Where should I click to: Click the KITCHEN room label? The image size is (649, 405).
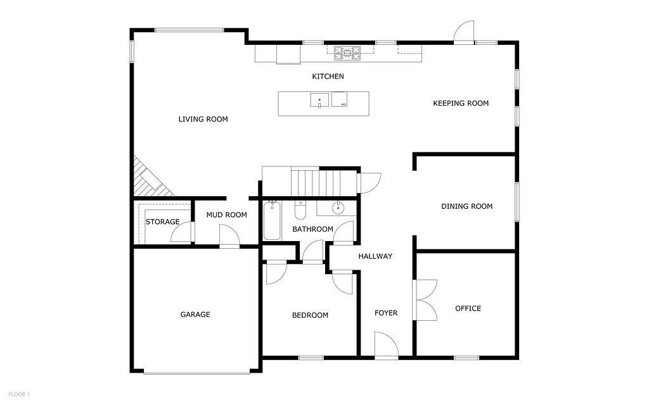tap(328, 77)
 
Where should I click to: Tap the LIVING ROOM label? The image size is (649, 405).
tap(203, 119)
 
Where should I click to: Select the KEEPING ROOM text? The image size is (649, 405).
tap(461, 103)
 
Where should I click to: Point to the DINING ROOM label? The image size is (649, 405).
tap(467, 206)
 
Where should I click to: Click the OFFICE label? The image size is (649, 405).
tap(468, 308)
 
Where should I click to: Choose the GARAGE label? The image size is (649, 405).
tap(195, 315)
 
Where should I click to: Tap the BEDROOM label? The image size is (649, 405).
tap(310, 315)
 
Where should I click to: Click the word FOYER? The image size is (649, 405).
tap(386, 313)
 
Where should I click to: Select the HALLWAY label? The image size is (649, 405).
tap(375, 256)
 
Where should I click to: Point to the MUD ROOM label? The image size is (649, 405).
tap(226, 215)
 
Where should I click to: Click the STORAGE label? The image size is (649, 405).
tap(162, 222)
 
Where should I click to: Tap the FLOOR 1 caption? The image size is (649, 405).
tap(19, 395)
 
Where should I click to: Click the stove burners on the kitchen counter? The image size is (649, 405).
tap(347, 53)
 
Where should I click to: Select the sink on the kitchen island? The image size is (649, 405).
tap(319, 100)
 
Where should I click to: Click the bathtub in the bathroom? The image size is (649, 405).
tap(272, 221)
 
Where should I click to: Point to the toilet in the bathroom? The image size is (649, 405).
tap(300, 211)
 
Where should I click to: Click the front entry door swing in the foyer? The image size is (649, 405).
tap(387, 343)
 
